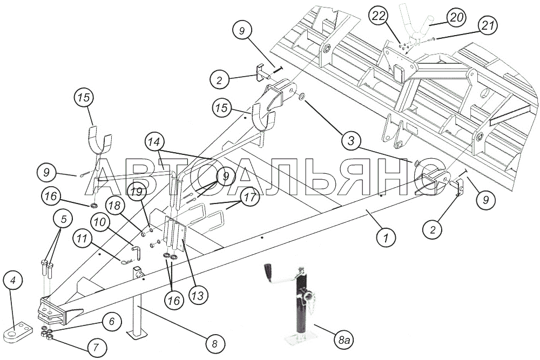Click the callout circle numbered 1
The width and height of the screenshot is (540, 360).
coord(385,237)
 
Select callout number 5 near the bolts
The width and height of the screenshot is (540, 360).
coord(64,220)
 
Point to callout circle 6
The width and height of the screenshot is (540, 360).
coord(112,321)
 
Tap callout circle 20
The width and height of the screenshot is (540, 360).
coord(456,18)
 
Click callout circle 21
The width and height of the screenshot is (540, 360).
coord(488,25)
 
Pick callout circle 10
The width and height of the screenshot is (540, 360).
coord(102,222)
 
